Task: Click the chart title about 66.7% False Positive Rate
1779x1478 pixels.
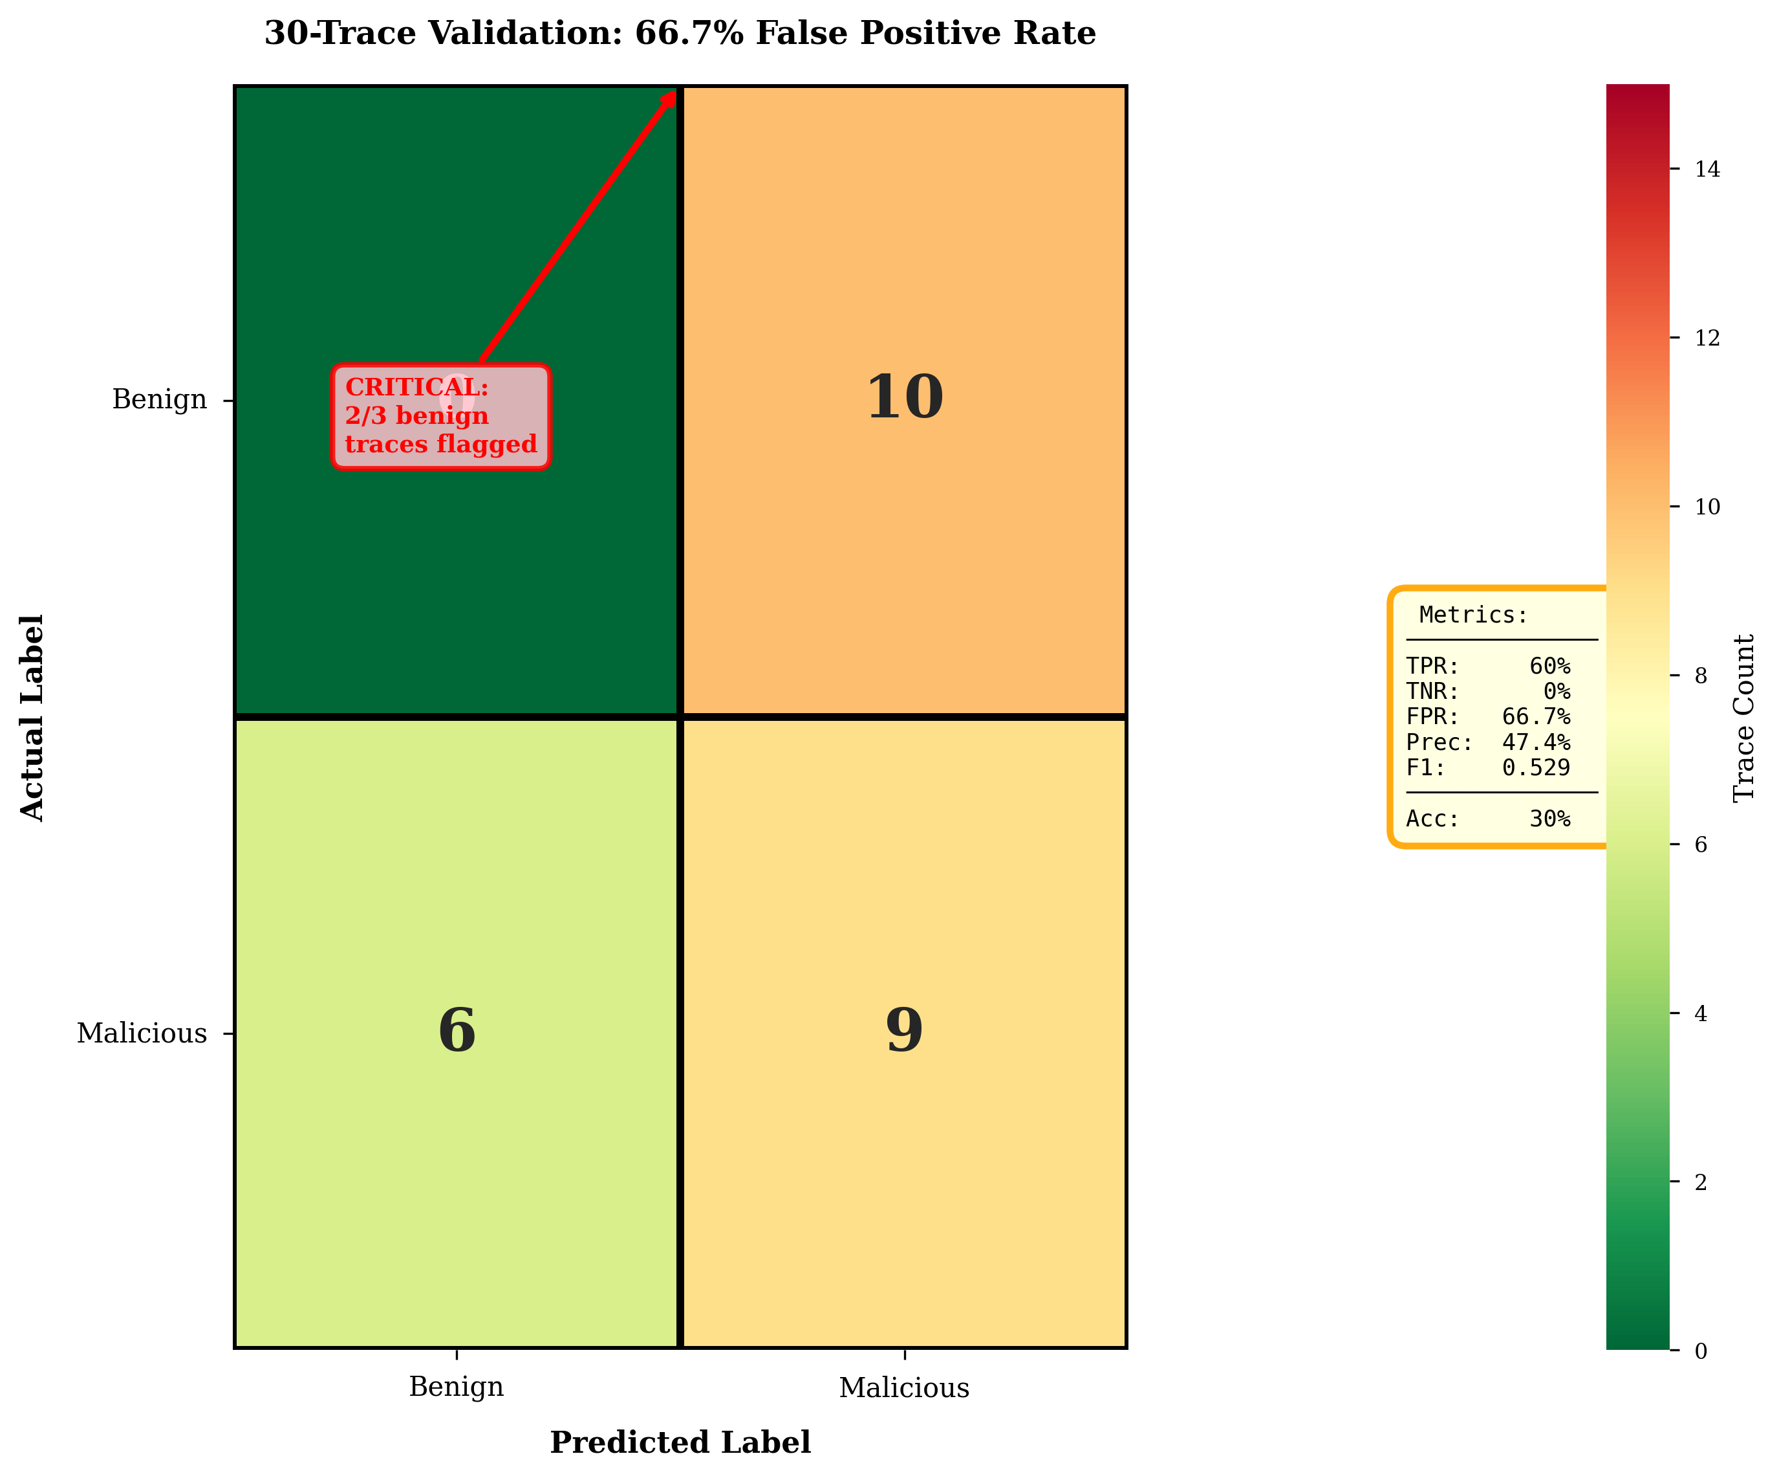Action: coord(680,34)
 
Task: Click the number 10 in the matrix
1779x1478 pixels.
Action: coord(904,397)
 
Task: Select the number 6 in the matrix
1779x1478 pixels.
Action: coord(457,1031)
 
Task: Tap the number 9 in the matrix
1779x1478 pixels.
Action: coord(904,1031)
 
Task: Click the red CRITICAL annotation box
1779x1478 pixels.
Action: coord(440,416)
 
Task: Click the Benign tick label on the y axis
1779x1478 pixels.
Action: coord(159,399)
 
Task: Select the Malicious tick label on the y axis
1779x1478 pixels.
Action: coord(142,1033)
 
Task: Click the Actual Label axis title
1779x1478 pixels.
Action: coord(31,717)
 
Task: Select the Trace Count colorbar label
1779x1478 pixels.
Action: coord(1743,717)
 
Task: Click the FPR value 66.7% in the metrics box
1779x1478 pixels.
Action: coord(1535,717)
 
